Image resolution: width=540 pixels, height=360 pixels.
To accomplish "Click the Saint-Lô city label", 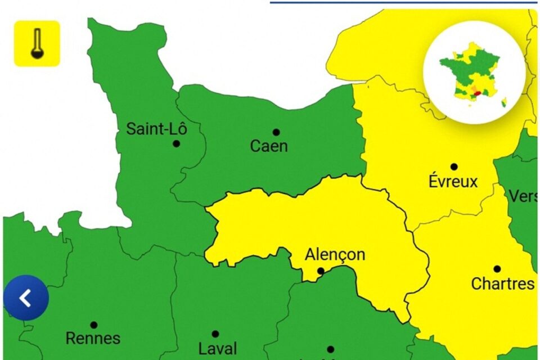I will point(156,129).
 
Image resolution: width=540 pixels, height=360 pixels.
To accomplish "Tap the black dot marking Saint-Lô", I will point(176,143).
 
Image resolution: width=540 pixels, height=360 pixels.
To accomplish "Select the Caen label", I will point(269,146).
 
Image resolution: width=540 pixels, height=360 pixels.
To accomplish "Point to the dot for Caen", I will point(276,132).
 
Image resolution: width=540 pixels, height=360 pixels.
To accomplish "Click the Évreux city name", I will point(453,182).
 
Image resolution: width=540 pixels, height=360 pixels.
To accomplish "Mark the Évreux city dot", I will point(454,166).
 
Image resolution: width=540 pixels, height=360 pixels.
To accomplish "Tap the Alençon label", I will point(335,255).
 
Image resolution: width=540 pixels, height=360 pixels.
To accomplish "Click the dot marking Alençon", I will point(320,271).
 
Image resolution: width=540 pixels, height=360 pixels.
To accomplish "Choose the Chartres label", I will point(502,283).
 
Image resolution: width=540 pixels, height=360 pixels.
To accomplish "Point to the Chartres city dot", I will point(497,269).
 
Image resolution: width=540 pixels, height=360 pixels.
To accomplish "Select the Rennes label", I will point(93,339).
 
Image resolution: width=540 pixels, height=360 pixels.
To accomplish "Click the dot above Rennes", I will point(93,325).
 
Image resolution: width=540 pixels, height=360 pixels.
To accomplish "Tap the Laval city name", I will point(218,348).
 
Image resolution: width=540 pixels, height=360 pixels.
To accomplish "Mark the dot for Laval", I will point(215,334).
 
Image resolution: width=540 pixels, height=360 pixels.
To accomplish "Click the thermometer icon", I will point(37,43).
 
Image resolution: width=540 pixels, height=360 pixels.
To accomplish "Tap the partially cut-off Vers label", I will point(523,196).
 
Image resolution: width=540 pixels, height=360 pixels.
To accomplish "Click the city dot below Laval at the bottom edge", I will point(330,349).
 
